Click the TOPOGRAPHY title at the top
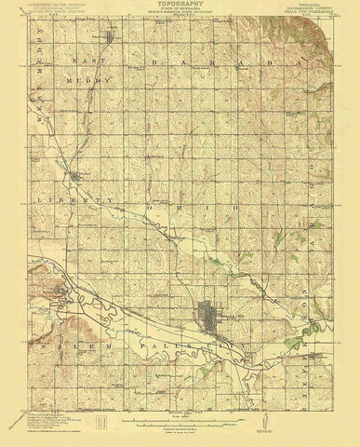point(180,5)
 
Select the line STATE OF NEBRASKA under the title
point(180,10)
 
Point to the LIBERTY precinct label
point(70,200)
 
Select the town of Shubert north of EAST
point(111,38)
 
